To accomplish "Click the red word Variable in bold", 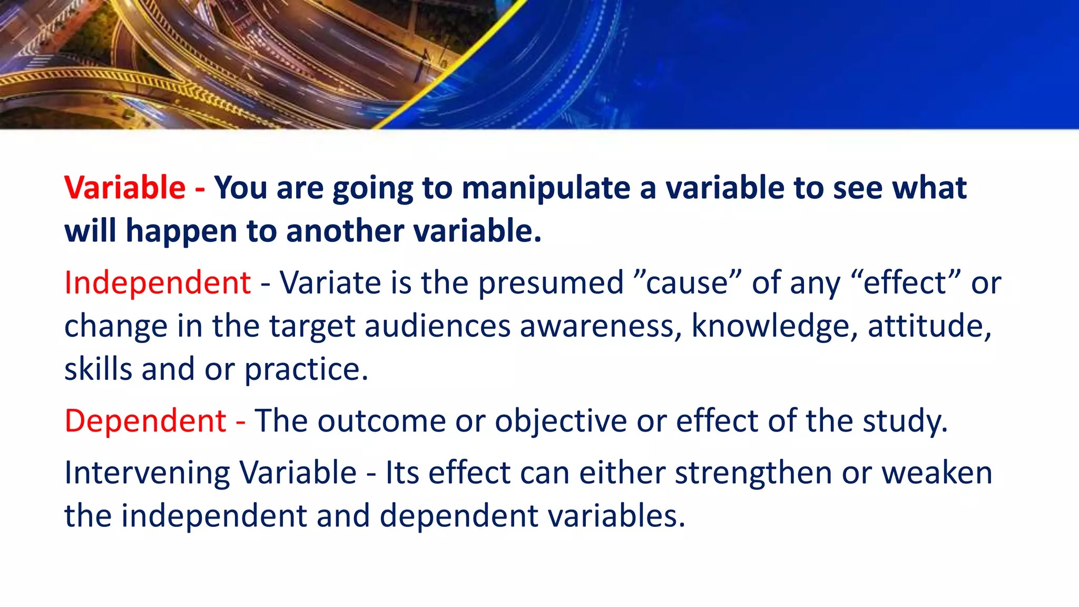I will (124, 188).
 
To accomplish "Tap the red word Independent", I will (157, 283).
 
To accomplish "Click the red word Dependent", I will (145, 421).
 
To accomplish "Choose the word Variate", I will (330, 283).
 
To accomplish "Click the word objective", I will (561, 422).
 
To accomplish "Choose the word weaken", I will (937, 473).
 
